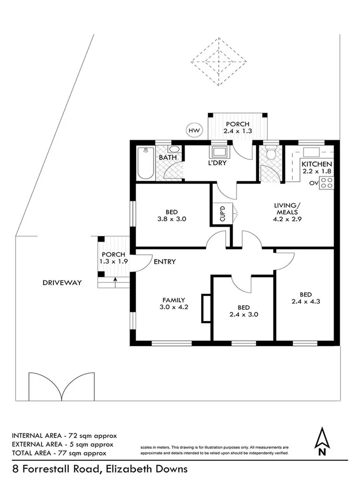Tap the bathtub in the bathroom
coord(145,163)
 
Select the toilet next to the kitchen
coord(270,155)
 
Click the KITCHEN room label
coord(317,164)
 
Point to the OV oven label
coord(314,183)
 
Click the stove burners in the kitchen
coord(327,183)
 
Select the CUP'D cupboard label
coord(222,214)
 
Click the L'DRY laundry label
coord(218,163)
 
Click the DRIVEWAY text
coord(62,283)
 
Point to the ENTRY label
coord(164,262)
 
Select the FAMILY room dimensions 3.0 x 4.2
coord(174,307)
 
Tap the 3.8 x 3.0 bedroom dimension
coord(171,218)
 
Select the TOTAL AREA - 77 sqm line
coord(59,453)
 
